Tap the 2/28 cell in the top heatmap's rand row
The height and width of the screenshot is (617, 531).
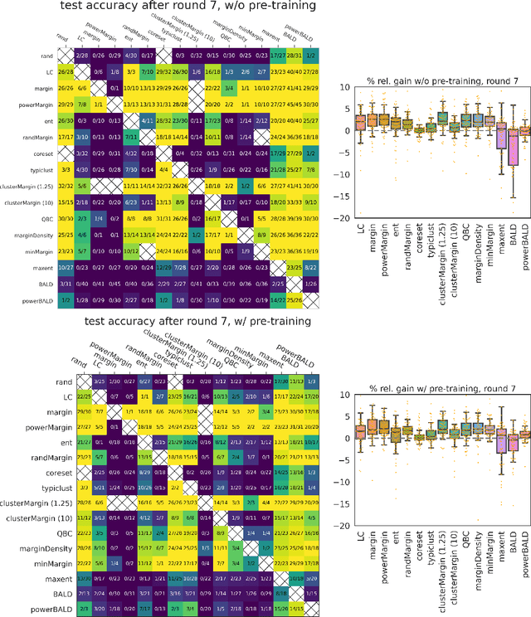[x=82, y=56]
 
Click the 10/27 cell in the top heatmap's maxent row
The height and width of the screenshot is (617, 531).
[x=66, y=243]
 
